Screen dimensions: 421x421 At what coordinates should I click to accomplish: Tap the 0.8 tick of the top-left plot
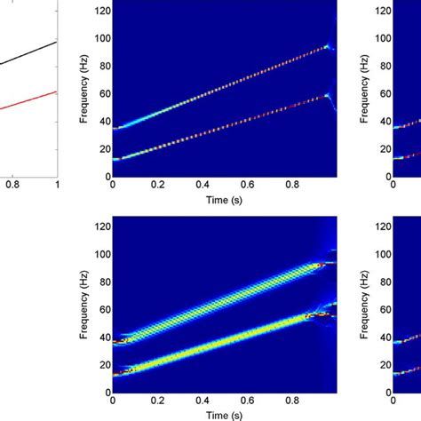click(12, 185)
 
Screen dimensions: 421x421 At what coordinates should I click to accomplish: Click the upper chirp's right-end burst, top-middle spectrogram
click(328, 46)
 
